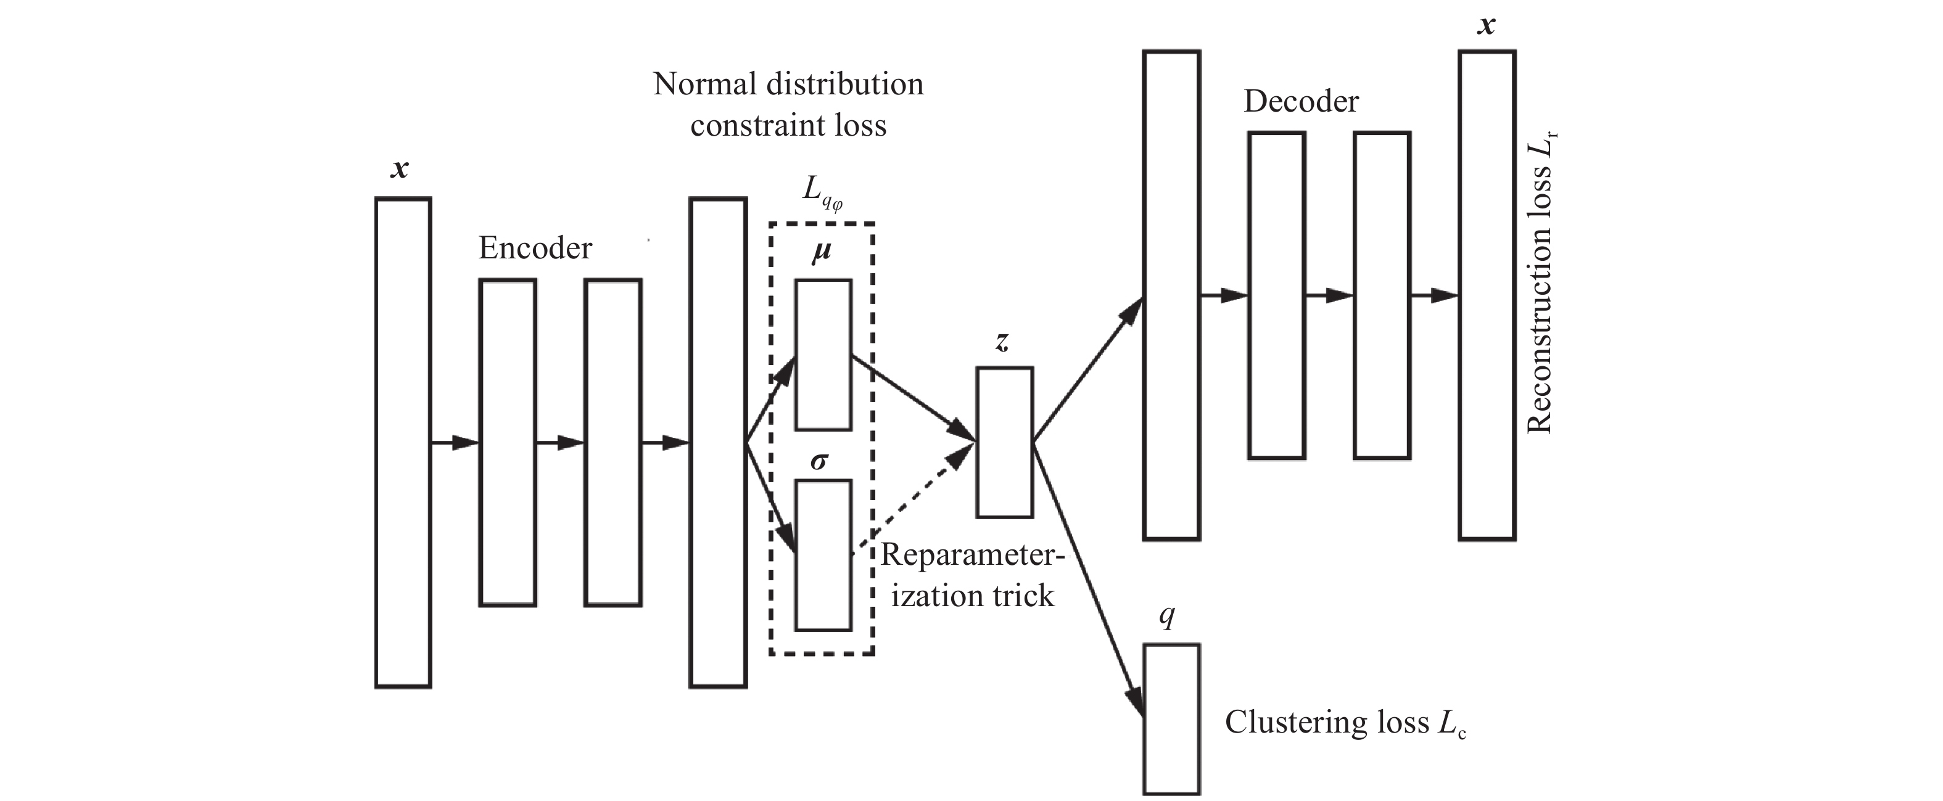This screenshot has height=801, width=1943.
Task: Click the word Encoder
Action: coord(535,248)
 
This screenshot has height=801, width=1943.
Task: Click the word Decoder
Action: coord(1301,101)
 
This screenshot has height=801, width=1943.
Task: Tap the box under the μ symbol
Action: coord(823,355)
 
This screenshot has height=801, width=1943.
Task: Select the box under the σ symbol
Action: coord(823,555)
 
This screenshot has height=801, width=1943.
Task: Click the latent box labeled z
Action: coord(1004,442)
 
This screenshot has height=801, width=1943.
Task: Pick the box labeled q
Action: coord(1171,718)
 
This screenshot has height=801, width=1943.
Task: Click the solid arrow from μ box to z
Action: coord(913,398)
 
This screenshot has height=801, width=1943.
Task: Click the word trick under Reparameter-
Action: coord(1023,596)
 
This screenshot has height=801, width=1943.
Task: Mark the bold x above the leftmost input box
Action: coord(400,169)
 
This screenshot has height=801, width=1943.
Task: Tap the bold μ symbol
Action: coord(822,251)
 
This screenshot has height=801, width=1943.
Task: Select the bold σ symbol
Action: coord(819,461)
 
